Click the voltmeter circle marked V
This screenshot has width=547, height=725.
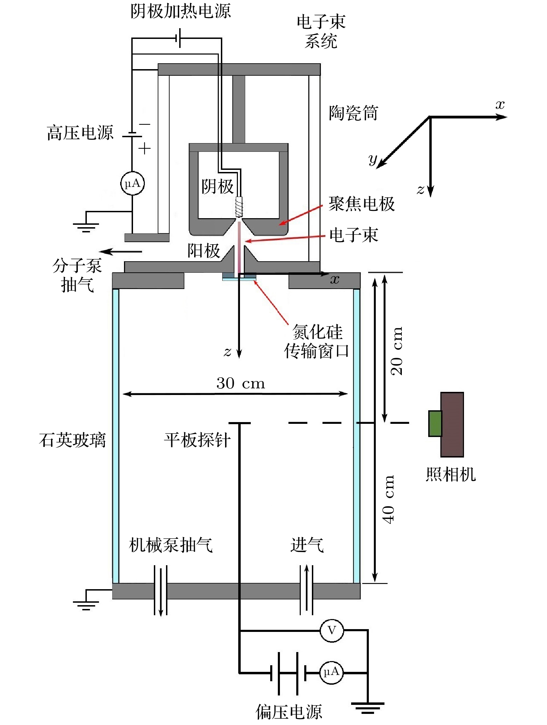point(332,630)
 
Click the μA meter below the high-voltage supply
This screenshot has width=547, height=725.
point(132,183)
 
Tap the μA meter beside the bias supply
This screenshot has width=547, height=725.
point(331,673)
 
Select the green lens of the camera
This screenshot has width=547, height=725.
point(435,423)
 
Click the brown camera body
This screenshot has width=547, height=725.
point(452,425)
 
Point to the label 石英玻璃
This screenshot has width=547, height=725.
point(72,440)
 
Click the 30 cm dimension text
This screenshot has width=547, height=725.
point(241,383)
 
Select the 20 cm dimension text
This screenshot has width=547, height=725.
point(397,351)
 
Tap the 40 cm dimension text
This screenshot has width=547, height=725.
point(388,500)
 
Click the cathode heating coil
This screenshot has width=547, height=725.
point(239,207)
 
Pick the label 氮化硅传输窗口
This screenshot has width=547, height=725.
point(317,341)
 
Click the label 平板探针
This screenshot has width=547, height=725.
point(197,440)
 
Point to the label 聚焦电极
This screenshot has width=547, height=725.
point(362,204)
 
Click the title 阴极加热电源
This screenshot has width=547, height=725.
point(181,11)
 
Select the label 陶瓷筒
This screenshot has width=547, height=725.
point(353,113)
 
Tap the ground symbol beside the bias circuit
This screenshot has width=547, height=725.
point(367,707)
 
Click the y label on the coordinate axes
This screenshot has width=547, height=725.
point(373,160)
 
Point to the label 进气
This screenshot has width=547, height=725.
point(307,545)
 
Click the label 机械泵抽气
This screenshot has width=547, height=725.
point(171,545)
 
